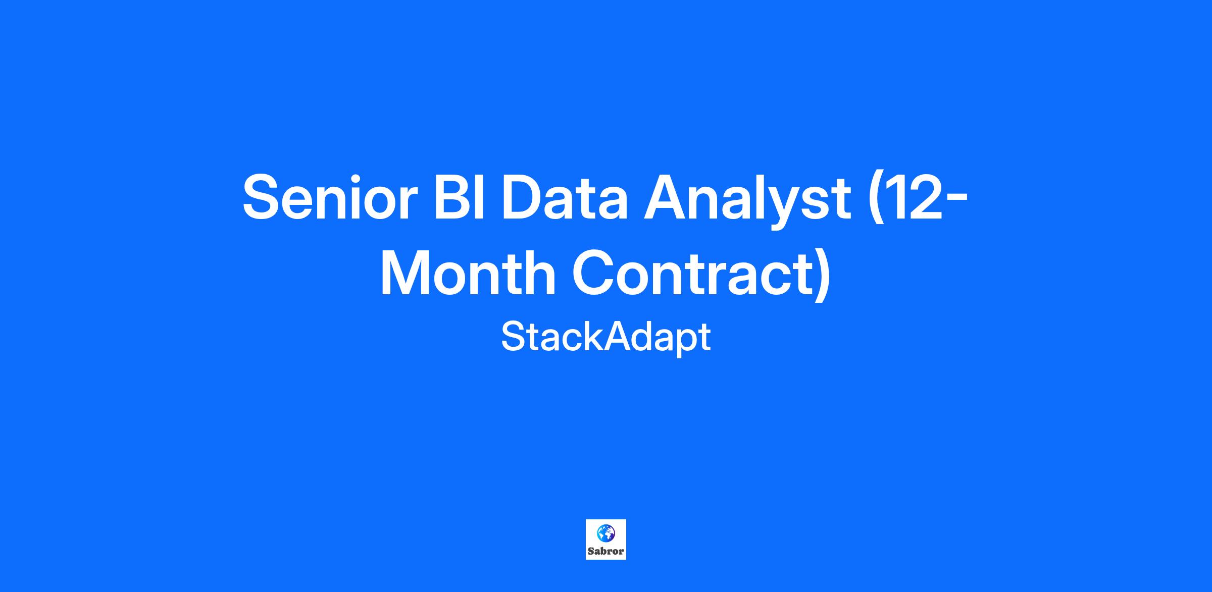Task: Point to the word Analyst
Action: [x=747, y=201]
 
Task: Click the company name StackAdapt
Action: [x=606, y=338]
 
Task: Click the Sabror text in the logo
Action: [x=606, y=551]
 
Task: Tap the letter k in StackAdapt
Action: [x=593, y=337]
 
